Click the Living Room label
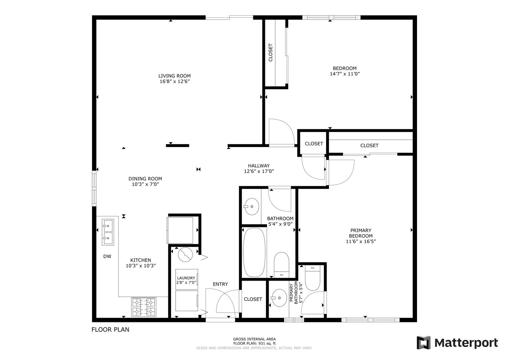coord(175,76)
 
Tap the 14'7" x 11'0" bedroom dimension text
coord(345,74)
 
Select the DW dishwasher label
coord(107,257)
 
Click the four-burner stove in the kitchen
coord(144,307)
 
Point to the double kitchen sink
coord(108,232)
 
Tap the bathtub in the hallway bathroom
coord(254,253)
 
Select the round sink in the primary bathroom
coord(279,298)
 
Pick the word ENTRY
coord(220,284)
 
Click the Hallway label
coord(259,166)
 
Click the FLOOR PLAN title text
coord(110,330)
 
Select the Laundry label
coord(186,278)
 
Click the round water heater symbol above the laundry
coord(185,255)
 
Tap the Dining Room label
coord(145,179)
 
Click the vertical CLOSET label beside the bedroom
coord(270,53)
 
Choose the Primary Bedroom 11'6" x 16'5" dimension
coord(361,242)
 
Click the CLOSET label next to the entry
coord(253,299)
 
